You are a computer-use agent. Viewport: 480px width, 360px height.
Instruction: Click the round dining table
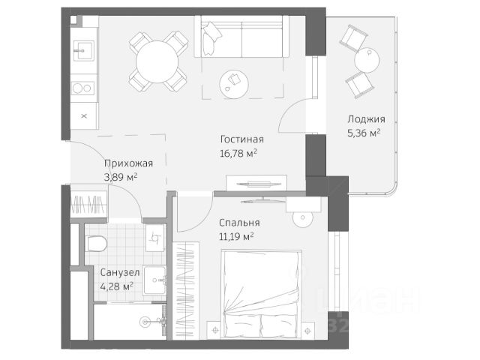[x=157, y=61]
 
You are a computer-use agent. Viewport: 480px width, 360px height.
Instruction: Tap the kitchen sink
[x=83, y=51]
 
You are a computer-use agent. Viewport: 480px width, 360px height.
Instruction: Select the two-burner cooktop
[x=82, y=88]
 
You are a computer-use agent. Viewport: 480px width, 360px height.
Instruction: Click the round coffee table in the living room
[x=234, y=84]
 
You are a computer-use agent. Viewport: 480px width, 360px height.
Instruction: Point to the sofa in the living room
[x=241, y=37]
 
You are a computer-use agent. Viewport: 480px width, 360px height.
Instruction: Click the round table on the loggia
[x=367, y=60]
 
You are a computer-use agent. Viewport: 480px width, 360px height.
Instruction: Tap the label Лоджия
[x=366, y=119]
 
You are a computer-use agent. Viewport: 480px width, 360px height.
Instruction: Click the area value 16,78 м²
[x=238, y=153]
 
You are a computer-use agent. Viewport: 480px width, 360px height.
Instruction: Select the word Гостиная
[x=241, y=139]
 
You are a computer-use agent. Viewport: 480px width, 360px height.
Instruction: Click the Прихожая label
[x=128, y=163]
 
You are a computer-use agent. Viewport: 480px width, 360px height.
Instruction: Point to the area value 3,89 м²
[x=121, y=177]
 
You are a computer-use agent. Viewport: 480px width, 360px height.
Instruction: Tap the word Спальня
[x=239, y=223]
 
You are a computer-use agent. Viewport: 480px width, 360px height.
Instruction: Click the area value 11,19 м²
[x=236, y=236]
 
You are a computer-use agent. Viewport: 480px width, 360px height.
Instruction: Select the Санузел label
[x=120, y=272]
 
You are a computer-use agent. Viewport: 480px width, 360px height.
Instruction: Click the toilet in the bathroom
[x=96, y=244]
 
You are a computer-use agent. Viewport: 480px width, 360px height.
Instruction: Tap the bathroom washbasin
[x=155, y=280]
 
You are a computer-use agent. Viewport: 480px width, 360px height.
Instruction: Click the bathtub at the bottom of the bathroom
[x=130, y=322]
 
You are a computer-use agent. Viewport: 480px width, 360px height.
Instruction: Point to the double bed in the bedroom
[x=261, y=295]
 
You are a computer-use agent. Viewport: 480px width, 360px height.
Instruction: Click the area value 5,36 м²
[x=364, y=133]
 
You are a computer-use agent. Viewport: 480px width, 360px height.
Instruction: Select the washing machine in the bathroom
[x=156, y=238]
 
